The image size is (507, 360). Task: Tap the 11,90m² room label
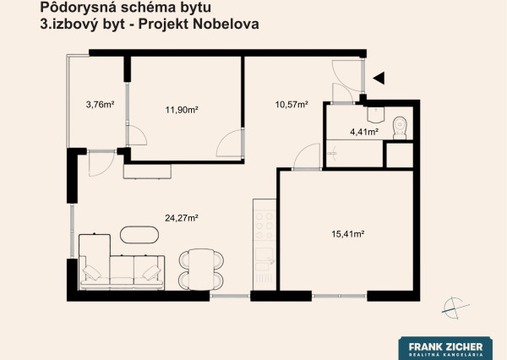181,110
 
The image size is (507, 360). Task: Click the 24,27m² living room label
181,218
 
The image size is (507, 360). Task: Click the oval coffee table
139,235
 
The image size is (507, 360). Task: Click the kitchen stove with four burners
264,224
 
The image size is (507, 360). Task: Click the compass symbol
454,308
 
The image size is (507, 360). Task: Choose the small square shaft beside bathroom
398,155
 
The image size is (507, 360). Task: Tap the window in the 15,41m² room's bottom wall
339,296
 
